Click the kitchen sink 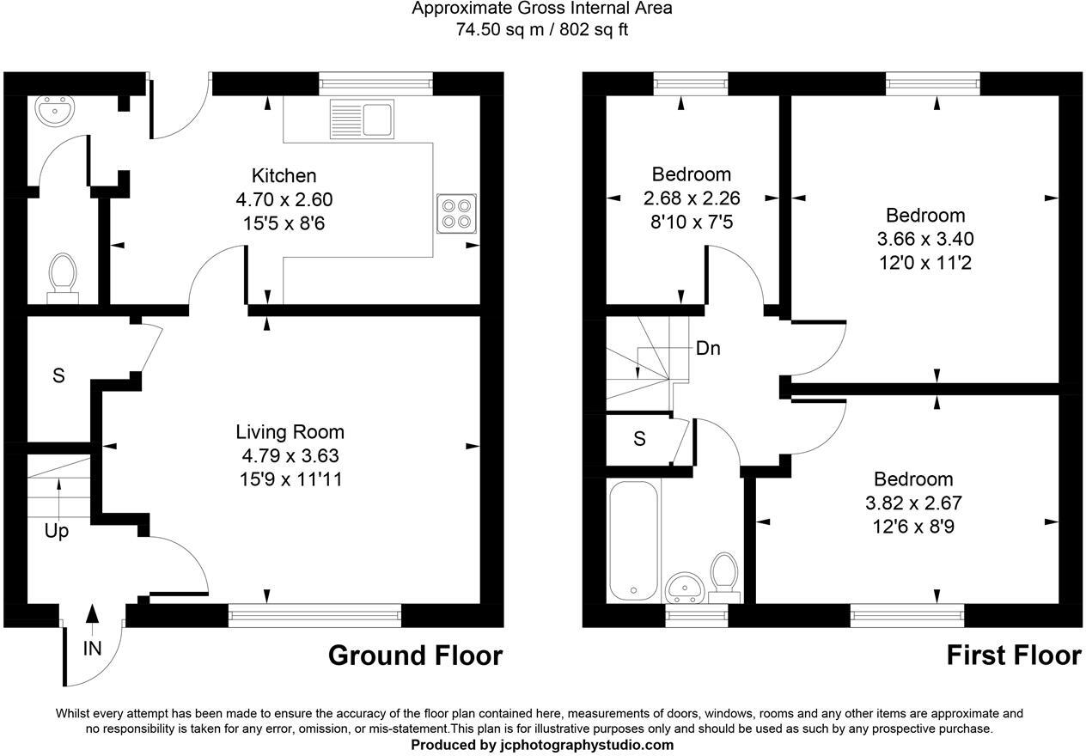[361, 118]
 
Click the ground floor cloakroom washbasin [55, 111]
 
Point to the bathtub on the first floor [634, 541]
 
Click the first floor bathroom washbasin [685, 588]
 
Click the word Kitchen [284, 176]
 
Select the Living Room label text [290, 432]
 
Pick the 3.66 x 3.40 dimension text [925, 239]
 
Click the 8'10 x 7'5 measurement [691, 222]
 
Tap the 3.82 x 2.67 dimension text [913, 503]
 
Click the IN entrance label [92, 649]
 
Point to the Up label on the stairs [57, 532]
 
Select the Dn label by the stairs [708, 349]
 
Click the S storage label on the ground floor [58, 375]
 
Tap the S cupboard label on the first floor [639, 439]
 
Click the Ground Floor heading [415, 656]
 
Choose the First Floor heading [1013, 656]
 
